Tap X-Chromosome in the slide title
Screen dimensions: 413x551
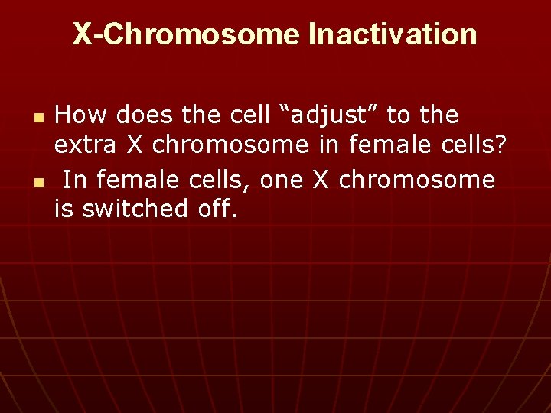(x=187, y=34)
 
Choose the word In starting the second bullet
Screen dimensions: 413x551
(x=73, y=180)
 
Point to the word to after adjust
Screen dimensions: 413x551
(x=398, y=116)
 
